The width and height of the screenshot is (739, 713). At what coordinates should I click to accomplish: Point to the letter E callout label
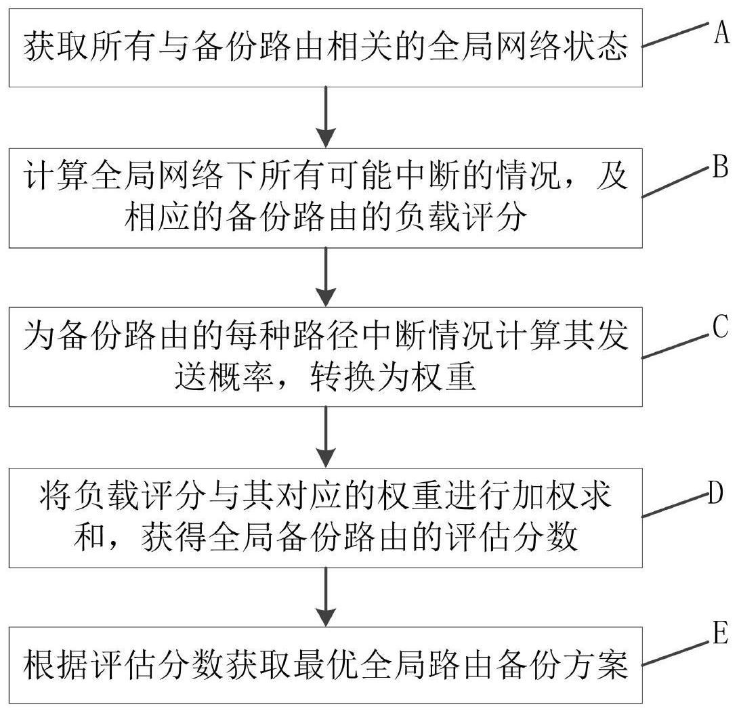coord(720,637)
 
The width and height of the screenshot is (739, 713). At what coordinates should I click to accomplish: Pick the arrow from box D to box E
coord(326,597)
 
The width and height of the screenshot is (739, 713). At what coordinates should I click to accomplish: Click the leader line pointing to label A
coord(675,35)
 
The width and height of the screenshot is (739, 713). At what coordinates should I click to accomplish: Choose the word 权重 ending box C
coord(444,379)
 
